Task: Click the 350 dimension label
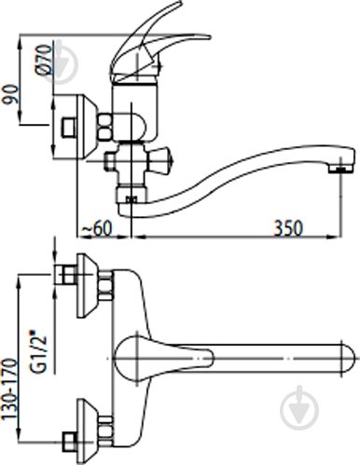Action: tap(288, 228)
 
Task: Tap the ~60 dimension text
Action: tap(96, 229)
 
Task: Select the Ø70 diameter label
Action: tap(43, 60)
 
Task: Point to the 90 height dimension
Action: tap(11, 94)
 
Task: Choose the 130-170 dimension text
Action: tap(9, 390)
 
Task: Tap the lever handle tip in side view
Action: tap(209, 37)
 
